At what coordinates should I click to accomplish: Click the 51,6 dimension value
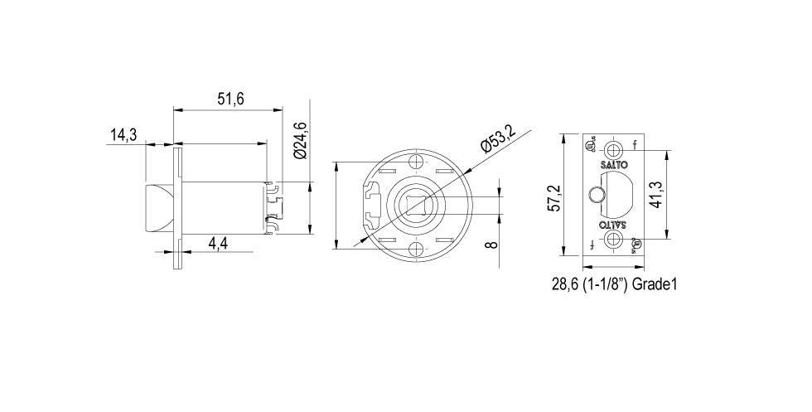pyautogui.click(x=230, y=99)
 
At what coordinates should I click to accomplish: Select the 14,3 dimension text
pyautogui.click(x=123, y=135)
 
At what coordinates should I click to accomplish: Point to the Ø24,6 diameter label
pyautogui.click(x=300, y=140)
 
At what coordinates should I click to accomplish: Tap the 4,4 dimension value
pyautogui.click(x=219, y=244)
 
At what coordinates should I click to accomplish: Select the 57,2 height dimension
pyautogui.click(x=555, y=198)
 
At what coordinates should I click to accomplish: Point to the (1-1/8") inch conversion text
pyautogui.click(x=609, y=284)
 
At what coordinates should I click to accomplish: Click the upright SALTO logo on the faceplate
pyautogui.click(x=613, y=166)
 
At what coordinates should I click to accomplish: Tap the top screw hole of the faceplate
pyautogui.click(x=614, y=150)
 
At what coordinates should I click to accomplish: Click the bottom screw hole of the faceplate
pyautogui.click(x=614, y=239)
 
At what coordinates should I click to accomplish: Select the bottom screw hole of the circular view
pyautogui.click(x=417, y=249)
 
